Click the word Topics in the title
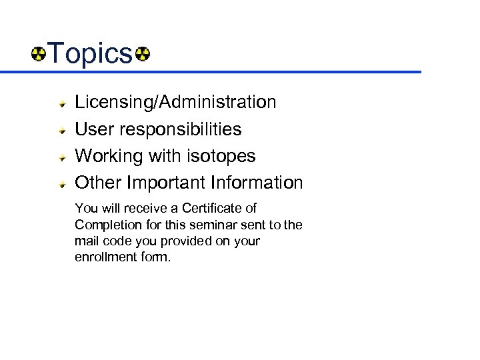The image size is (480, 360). [x=91, y=53]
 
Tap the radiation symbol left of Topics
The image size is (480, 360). [x=39, y=53]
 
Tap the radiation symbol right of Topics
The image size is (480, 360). [x=142, y=53]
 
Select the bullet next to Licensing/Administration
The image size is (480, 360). [x=61, y=103]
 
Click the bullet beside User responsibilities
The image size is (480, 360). [x=61, y=130]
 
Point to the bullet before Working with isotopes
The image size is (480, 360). [x=61, y=157]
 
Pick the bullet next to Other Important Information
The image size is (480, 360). [x=61, y=183]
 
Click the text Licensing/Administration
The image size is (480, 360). [x=175, y=102]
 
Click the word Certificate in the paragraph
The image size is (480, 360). [x=211, y=208]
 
